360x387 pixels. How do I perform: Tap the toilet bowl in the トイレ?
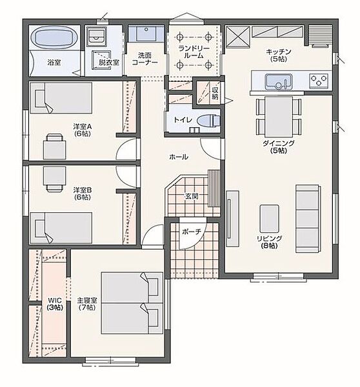pyautogui.click(x=208, y=121)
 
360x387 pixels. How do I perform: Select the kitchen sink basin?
pyautogui.click(x=279, y=82)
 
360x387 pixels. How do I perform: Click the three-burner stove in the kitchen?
pyautogui.click(x=319, y=81)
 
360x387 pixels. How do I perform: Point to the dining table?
pyautogui.click(x=279, y=117)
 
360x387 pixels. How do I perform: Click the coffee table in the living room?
pyautogui.click(x=269, y=219)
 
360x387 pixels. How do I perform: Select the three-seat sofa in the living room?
pyautogui.click(x=308, y=219)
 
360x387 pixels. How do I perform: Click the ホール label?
pyautogui.click(x=179, y=157)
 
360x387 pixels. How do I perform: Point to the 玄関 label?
pyautogui.click(x=192, y=196)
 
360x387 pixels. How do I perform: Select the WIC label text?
pyautogui.click(x=55, y=301)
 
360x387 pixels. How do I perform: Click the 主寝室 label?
pyautogui.click(x=87, y=301)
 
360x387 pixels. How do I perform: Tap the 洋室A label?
pyautogui.click(x=83, y=126)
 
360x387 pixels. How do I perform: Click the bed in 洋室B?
pyautogui.click(x=61, y=228)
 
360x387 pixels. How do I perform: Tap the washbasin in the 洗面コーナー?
pyautogui.click(x=146, y=34)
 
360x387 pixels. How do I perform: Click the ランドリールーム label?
pyautogui.click(x=194, y=52)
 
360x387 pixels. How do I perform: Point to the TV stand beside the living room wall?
pyautogui.click(x=232, y=219)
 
